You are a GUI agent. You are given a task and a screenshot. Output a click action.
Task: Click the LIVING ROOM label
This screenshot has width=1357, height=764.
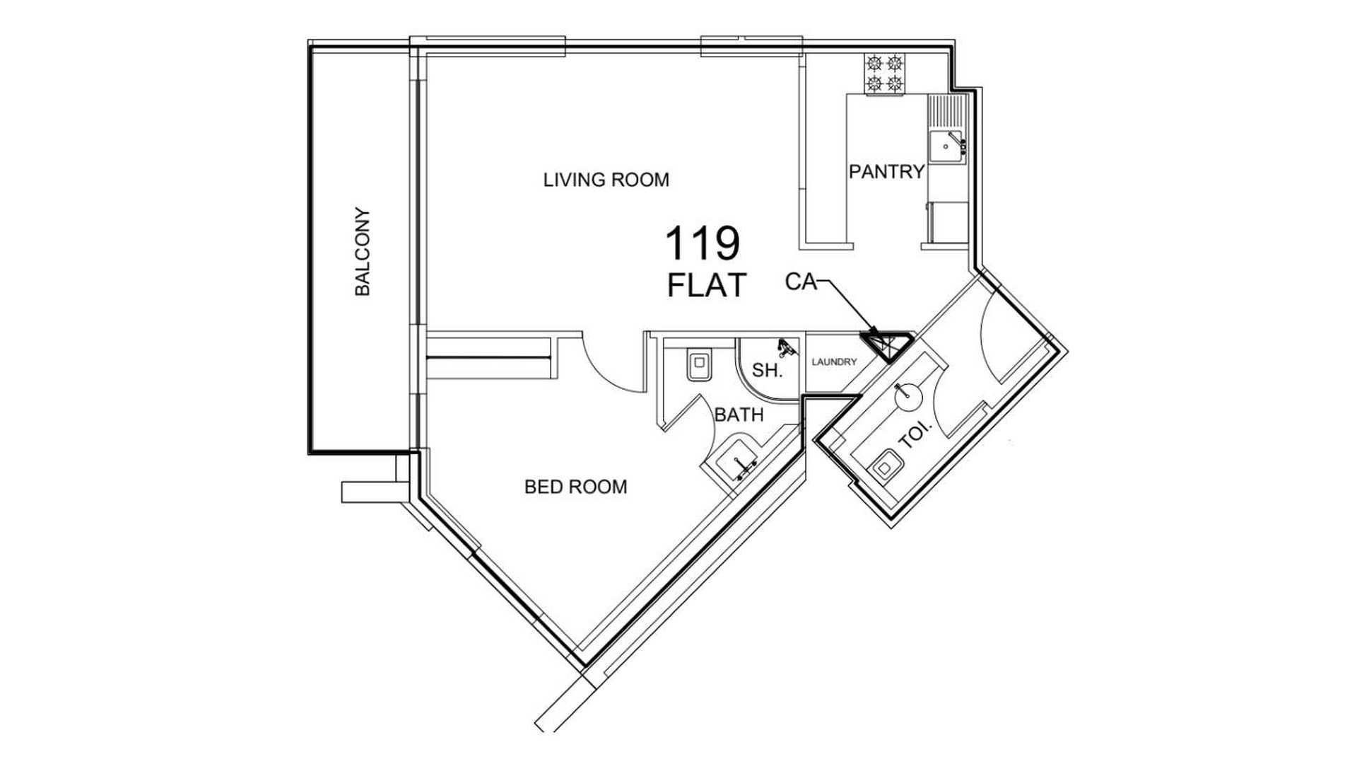(x=606, y=180)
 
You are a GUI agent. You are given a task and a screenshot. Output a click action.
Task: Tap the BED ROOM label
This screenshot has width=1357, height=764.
(x=575, y=487)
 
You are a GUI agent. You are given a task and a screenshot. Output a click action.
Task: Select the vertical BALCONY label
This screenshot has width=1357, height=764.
(x=362, y=252)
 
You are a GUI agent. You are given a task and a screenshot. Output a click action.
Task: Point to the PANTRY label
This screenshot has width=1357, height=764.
(x=886, y=172)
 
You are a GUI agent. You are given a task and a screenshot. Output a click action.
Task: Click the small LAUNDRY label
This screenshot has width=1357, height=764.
(x=834, y=362)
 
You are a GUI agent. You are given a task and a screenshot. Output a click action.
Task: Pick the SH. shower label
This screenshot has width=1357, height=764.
(x=767, y=370)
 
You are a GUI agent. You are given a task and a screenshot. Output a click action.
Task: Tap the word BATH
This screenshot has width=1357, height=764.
(x=739, y=415)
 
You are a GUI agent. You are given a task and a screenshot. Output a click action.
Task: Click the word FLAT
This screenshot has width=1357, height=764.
(x=707, y=285)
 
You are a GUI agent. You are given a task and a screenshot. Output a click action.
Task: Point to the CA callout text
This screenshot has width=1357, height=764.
(x=800, y=282)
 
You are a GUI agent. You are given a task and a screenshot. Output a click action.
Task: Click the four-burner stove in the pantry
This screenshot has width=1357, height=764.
(x=885, y=74)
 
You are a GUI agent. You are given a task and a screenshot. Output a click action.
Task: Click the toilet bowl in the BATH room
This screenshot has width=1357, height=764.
(x=700, y=366)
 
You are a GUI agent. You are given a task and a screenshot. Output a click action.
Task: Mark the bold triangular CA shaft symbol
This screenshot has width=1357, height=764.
(x=886, y=345)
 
